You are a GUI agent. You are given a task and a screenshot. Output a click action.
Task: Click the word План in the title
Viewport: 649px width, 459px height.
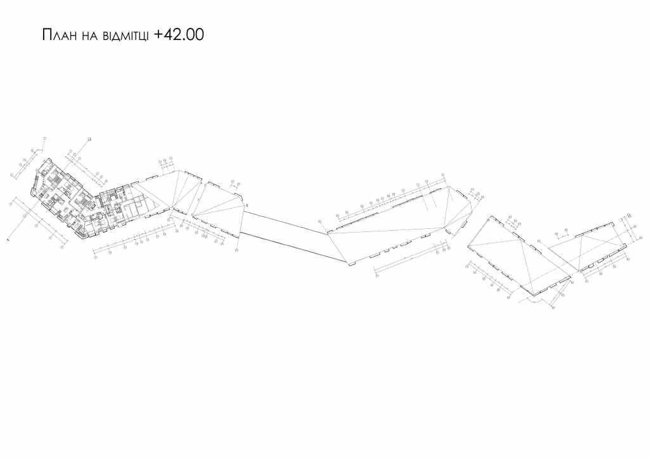coord(58,35)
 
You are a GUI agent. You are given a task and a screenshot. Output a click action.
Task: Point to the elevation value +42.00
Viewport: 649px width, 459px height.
coord(179,35)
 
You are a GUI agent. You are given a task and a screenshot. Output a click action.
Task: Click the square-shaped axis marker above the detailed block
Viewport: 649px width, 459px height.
coord(89,139)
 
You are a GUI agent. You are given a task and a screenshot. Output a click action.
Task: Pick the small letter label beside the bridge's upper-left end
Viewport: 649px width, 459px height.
coord(247,205)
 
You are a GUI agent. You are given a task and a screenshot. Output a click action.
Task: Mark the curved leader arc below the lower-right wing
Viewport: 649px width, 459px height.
coord(531,303)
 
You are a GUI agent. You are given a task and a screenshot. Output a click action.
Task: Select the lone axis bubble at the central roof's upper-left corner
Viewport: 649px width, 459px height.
coord(320,221)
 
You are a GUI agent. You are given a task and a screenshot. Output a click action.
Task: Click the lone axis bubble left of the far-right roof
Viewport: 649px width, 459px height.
coord(539,242)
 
